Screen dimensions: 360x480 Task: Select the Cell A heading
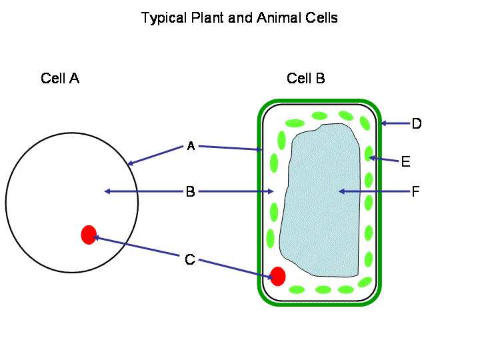pos(60,79)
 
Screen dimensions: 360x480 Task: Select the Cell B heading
pos(306,79)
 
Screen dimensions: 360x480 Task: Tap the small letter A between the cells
pos(190,146)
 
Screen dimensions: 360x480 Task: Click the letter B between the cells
pos(190,192)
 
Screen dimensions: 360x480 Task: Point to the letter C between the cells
pos(190,259)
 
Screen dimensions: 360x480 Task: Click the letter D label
pos(417,123)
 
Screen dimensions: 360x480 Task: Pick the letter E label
pos(405,161)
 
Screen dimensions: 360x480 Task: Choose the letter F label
pos(415,192)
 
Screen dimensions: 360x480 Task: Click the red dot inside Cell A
pos(89,235)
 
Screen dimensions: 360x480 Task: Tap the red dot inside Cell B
pos(278,276)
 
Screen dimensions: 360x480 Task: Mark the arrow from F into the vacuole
pos(373,191)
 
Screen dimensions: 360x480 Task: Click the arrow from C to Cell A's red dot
pos(137,246)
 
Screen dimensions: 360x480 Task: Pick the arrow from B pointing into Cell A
pos(143,191)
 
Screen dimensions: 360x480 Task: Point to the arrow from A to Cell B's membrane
pos(230,148)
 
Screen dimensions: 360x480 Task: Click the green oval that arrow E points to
pos(368,154)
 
